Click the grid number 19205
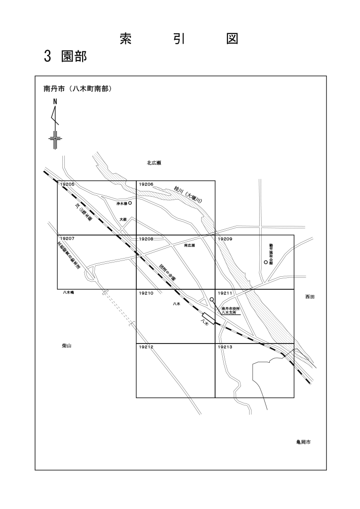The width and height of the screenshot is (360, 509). (x=68, y=184)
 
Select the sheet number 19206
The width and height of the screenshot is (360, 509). (x=146, y=184)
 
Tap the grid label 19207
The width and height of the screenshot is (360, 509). (x=68, y=238)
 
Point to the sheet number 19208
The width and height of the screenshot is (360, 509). (x=146, y=238)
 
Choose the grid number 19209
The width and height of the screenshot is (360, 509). (x=225, y=238)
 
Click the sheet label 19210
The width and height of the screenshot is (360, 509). (x=146, y=293)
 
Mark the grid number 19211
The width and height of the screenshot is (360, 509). (x=225, y=293)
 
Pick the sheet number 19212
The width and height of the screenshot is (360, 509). (x=146, y=347)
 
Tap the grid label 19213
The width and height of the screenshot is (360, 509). (x=225, y=347)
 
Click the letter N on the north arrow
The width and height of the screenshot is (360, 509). (x=55, y=102)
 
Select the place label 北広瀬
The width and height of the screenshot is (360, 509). (x=154, y=163)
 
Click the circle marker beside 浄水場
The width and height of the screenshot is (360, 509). (x=130, y=203)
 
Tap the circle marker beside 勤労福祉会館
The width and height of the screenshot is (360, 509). (x=266, y=262)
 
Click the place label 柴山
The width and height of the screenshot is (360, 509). (x=60, y=345)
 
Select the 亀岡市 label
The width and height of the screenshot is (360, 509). (x=303, y=443)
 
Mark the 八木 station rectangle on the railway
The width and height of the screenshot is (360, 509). (x=207, y=318)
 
